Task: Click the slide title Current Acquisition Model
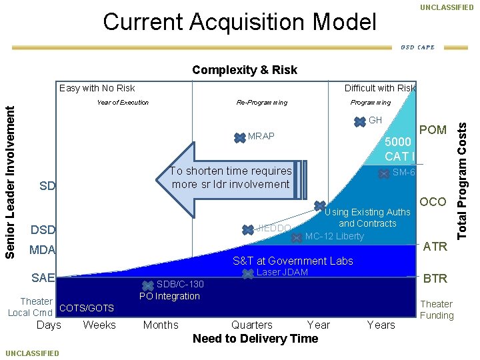coord(239,23)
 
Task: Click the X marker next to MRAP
coord(239,137)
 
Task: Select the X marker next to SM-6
coord(384,174)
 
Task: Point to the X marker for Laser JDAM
coord(248,273)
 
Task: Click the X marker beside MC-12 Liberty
coord(297,237)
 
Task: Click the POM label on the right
coord(433,130)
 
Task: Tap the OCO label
coord(433,202)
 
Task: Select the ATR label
coord(435,247)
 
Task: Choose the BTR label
coord(435,278)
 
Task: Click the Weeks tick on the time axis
coord(99,325)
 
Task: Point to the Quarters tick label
coord(251,325)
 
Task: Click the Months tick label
coord(161,325)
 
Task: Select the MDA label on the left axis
coord(42,251)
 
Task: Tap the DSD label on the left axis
coord(43,230)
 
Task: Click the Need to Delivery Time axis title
coord(255,339)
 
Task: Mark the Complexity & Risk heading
coord(245,70)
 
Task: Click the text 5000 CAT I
coord(399,150)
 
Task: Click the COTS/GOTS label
coord(87,308)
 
